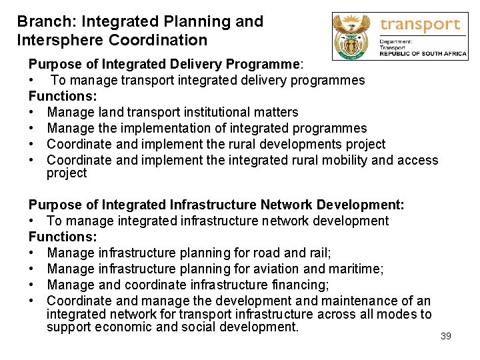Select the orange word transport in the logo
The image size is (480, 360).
point(420,25)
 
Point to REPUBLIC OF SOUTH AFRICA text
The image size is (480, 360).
point(422,54)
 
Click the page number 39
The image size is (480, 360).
point(446,336)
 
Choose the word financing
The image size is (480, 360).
point(297,285)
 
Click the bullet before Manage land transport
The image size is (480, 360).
point(32,112)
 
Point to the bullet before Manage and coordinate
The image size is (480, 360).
point(32,285)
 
